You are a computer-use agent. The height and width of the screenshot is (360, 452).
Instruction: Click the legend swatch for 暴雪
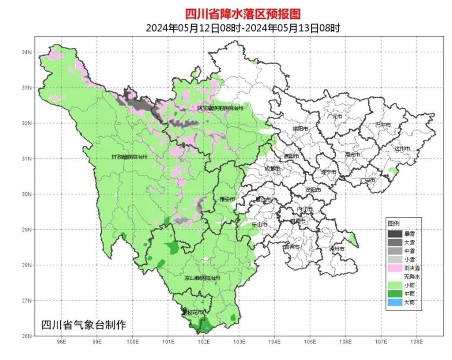[x=395, y=234]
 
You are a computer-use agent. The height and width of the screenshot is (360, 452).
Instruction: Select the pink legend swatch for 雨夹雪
[x=395, y=268]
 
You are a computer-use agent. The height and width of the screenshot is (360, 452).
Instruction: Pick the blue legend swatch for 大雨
[x=395, y=303]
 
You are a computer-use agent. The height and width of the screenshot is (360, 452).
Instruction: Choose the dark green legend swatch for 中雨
[x=395, y=294]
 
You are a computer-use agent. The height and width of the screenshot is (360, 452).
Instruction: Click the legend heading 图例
[x=394, y=223]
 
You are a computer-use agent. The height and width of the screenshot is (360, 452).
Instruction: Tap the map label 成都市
[x=272, y=168]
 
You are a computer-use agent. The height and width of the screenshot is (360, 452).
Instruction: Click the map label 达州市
[x=402, y=148]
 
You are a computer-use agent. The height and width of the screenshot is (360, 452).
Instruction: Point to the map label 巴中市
[x=383, y=125]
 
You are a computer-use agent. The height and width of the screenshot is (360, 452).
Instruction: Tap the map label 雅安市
[x=227, y=199]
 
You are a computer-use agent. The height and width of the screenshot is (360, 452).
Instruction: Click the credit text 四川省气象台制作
[x=84, y=325]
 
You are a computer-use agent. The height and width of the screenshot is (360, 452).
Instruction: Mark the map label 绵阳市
[x=300, y=128]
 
